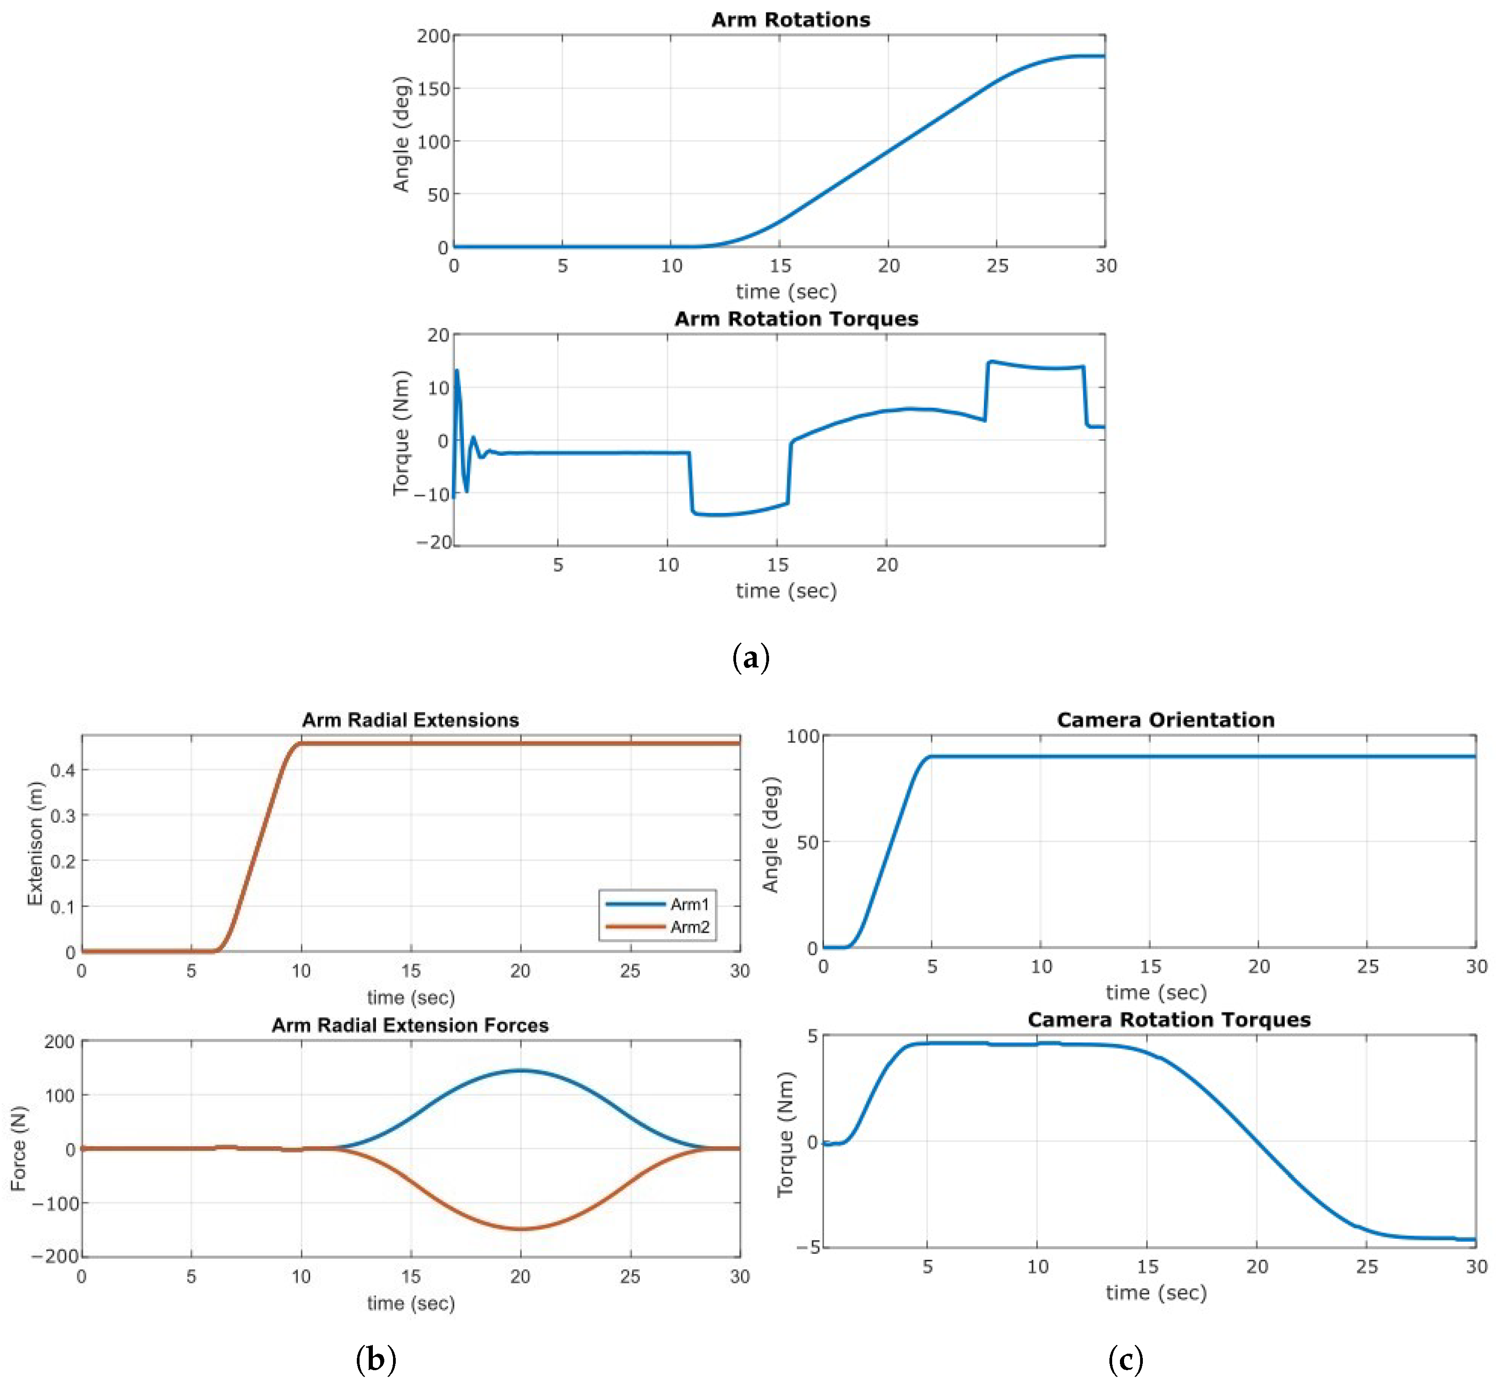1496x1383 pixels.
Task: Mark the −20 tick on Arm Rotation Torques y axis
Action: click(434, 542)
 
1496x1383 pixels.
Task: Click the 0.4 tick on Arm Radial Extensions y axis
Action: click(63, 770)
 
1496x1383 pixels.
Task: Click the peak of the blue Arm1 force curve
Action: click(520, 1071)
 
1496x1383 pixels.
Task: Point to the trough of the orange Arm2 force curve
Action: click(520, 1229)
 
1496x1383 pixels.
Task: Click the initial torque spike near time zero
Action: click(457, 371)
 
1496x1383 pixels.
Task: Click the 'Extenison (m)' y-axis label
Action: click(34, 843)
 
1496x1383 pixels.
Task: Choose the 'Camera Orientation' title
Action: click(1165, 720)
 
